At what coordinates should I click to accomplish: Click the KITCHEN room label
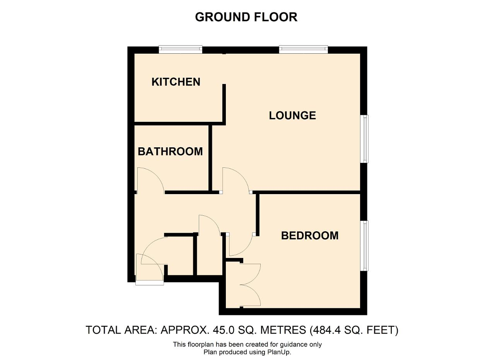(x=176, y=82)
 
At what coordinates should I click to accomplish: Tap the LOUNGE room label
(x=292, y=116)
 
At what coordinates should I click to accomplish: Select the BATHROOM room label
(x=170, y=152)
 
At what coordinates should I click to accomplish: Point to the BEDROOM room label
(x=310, y=235)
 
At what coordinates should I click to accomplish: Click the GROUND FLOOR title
(x=246, y=17)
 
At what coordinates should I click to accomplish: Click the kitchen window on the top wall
(x=181, y=49)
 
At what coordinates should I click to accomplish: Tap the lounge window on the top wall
(x=304, y=49)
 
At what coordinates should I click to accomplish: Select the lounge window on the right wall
(x=364, y=139)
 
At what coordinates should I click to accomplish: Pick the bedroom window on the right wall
(x=364, y=246)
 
